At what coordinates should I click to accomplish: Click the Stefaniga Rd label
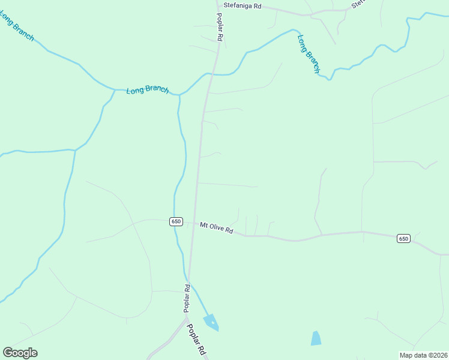[x=243, y=5]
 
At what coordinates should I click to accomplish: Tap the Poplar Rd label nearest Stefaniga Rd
[x=220, y=28]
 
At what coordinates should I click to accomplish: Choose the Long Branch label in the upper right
[x=309, y=54]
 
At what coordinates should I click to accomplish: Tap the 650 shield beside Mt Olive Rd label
[x=176, y=221]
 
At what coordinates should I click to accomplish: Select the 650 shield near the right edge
[x=403, y=239]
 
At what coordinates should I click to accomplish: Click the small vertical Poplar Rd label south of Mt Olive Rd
[x=187, y=298]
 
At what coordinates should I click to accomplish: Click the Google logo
[x=20, y=352]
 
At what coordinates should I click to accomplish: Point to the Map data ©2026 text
[x=423, y=355]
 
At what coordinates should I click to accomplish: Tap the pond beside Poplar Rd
[x=211, y=322]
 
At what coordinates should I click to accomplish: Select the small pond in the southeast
[x=316, y=338]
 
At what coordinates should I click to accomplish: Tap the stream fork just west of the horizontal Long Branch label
[x=115, y=90]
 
